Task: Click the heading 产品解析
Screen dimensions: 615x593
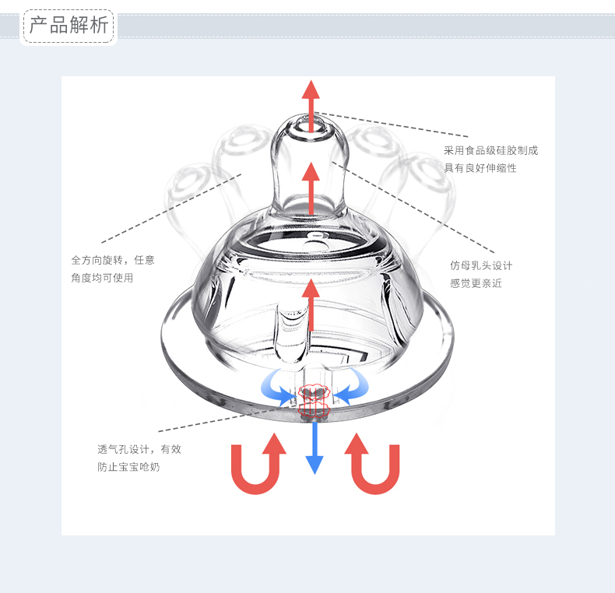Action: tap(69, 25)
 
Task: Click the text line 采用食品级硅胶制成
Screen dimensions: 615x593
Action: tap(490, 150)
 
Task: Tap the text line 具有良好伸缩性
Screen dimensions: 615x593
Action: tap(480, 168)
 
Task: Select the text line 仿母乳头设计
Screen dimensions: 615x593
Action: tap(481, 265)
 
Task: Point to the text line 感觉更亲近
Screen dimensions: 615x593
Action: tap(476, 283)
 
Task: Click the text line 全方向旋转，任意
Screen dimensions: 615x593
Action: tap(113, 260)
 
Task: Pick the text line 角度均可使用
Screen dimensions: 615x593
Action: tap(102, 278)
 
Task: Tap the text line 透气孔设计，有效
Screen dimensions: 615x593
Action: tap(139, 449)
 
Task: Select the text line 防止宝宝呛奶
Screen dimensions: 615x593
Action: tap(128, 467)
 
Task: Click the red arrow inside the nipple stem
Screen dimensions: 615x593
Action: tap(311, 187)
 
